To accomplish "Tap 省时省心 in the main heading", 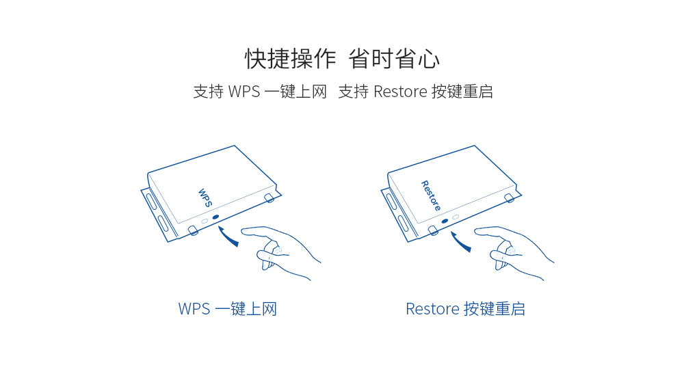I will (x=394, y=59).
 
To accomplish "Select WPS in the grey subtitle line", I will (x=244, y=92).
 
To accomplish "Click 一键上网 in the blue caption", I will (x=246, y=309).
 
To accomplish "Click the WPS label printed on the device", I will (x=205, y=198).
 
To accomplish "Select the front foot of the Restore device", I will (x=433, y=230).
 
